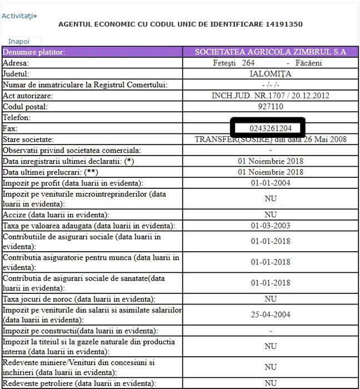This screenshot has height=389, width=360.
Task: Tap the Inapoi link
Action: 18,41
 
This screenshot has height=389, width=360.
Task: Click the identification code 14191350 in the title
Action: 281,24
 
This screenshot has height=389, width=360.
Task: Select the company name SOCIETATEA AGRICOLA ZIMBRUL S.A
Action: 271,52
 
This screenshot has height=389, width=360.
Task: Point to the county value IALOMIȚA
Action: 271,73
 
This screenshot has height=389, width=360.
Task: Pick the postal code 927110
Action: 271,106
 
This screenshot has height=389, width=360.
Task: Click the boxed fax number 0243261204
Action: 271,128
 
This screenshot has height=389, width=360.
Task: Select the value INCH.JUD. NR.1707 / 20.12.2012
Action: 271,96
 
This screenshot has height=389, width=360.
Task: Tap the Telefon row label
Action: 17,117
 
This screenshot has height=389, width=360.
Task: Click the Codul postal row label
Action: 26,106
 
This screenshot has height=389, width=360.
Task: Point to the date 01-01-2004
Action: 271,183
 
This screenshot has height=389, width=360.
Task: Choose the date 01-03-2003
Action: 271,226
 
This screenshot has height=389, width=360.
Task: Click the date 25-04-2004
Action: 271,315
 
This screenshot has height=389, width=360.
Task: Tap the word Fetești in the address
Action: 225,63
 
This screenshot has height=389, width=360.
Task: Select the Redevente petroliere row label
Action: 78,383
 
